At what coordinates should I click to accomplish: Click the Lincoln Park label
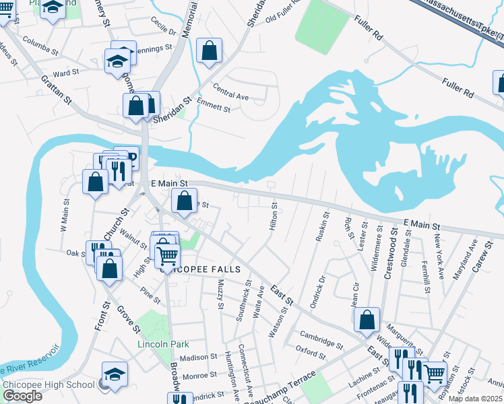click(x=162, y=344)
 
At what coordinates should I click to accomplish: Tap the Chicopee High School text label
click(x=49, y=384)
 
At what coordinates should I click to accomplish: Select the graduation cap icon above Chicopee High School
click(x=115, y=374)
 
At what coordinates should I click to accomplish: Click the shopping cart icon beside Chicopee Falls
click(x=167, y=255)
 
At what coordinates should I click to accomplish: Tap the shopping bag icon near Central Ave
click(x=209, y=50)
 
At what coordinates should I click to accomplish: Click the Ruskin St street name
click(x=322, y=227)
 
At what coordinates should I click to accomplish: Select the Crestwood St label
click(x=387, y=245)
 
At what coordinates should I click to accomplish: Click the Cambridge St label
click(x=321, y=338)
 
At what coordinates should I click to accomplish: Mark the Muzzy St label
click(x=220, y=296)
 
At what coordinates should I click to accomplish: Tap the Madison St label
click(x=197, y=358)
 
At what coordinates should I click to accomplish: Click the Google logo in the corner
click(x=22, y=395)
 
